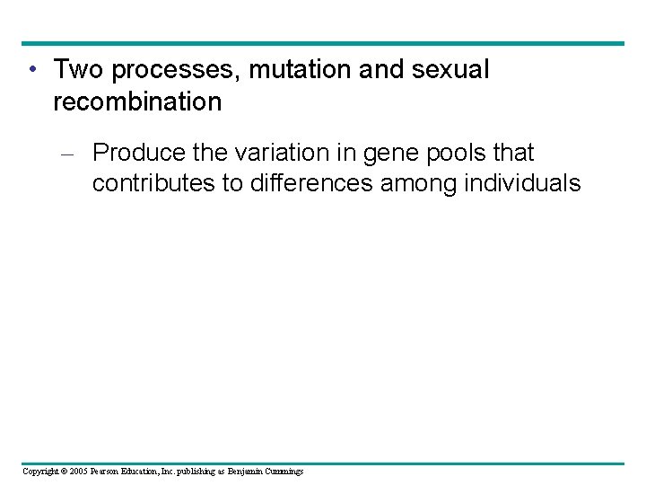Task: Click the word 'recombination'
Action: [x=137, y=102]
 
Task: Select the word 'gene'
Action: [x=397, y=153]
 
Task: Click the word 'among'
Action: [x=419, y=184]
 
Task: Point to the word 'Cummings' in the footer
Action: [x=283, y=472]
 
